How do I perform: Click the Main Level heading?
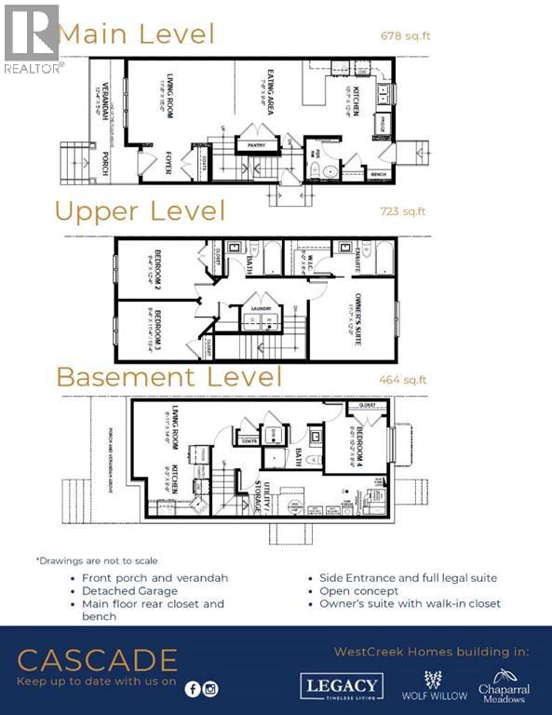coord(136,34)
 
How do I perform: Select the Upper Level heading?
coord(140,210)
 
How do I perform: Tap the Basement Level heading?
coord(168,377)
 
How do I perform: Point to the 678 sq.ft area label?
coord(405,36)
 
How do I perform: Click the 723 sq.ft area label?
coord(402,211)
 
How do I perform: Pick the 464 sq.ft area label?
coord(402,379)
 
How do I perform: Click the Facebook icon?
coord(193,689)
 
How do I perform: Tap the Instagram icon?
coord(211,689)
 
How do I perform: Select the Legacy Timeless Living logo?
coord(341,687)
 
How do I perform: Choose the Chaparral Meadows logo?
coord(504,685)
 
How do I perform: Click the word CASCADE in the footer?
coord(97,661)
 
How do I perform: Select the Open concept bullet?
coord(358,590)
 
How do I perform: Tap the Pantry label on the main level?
coord(250,145)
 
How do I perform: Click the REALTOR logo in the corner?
coord(33,37)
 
